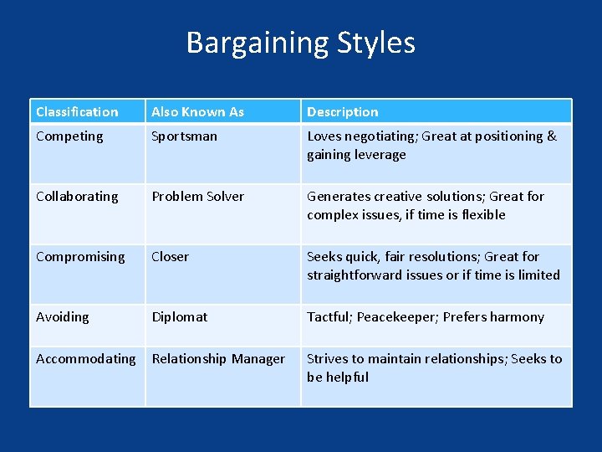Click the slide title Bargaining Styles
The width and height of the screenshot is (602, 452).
coord(300,43)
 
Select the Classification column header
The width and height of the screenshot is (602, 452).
coord(77,111)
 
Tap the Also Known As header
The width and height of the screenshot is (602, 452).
coord(197,111)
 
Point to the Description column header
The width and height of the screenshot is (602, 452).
coord(342,111)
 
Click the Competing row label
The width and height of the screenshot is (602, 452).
coord(69,136)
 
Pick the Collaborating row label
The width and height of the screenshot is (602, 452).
coord(77,196)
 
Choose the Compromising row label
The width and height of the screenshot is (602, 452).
coord(80,256)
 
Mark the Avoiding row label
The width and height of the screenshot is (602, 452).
coord(62,316)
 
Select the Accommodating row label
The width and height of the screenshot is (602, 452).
coord(85,358)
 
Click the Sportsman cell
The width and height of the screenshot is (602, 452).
coord(184,136)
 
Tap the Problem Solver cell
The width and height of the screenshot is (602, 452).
coord(197,196)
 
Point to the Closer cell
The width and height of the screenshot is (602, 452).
coord(170,256)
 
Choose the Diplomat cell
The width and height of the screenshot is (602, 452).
coord(179,316)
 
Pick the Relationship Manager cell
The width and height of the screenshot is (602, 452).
coord(217,358)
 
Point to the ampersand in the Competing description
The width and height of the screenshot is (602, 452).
coord(552,136)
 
